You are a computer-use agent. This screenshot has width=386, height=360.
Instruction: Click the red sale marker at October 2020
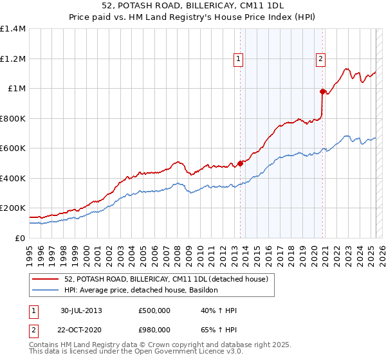tap(322, 91)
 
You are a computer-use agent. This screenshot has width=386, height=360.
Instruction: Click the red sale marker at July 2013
tap(240, 163)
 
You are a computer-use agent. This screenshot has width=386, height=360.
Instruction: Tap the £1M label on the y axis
tap(17, 89)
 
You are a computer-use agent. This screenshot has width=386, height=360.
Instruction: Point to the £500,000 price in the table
tap(154, 310)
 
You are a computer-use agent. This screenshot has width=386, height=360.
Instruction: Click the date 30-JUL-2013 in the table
tap(82, 310)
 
